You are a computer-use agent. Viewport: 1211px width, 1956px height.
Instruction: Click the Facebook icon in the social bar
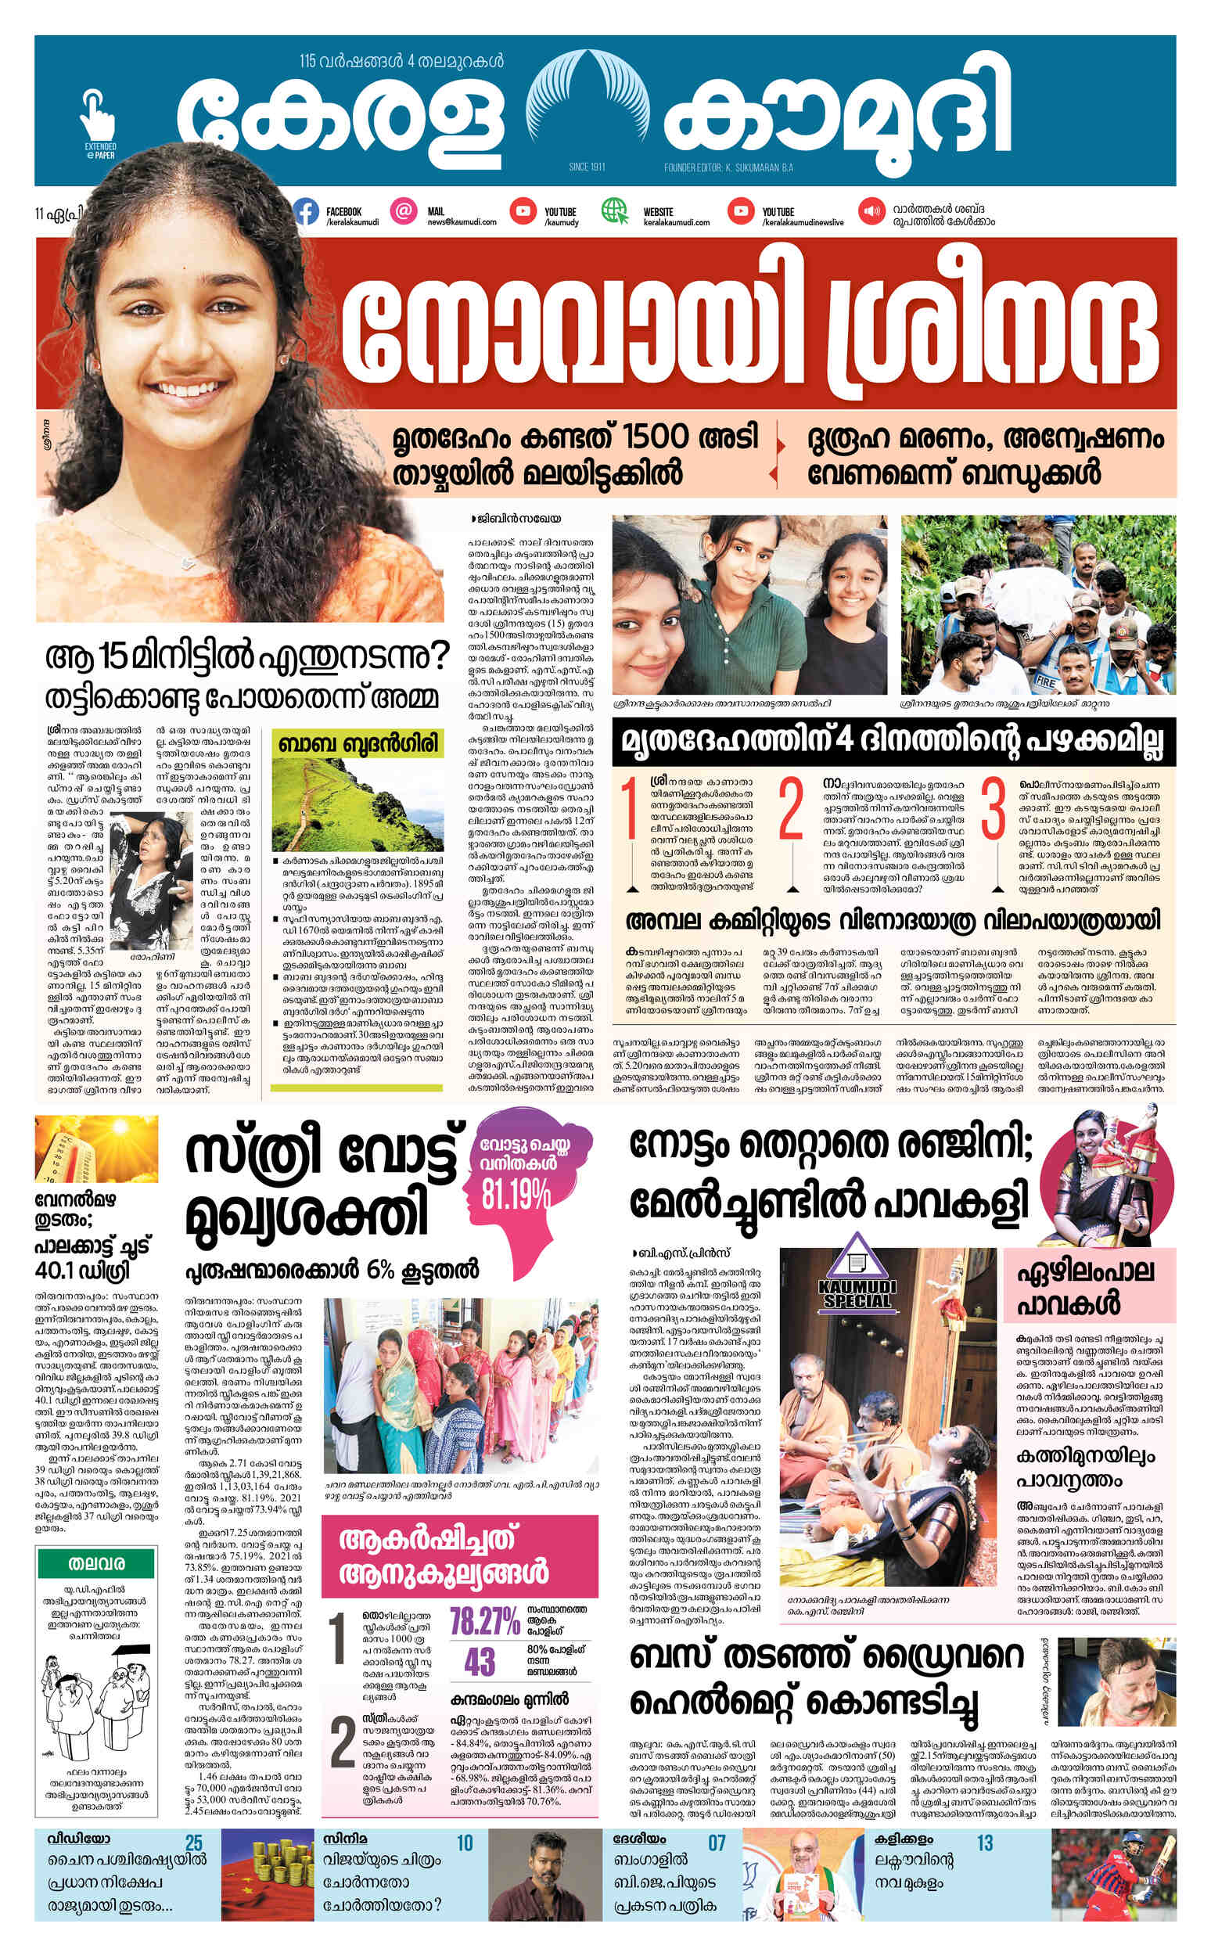pos(305,212)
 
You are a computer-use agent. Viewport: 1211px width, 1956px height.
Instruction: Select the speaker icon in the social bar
pos(870,212)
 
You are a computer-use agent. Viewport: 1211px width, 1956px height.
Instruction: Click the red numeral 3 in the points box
pos(992,810)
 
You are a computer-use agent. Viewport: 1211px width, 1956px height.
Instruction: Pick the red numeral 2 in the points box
pos(789,810)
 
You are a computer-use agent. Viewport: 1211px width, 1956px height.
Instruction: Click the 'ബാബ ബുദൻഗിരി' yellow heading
pos(358,744)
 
